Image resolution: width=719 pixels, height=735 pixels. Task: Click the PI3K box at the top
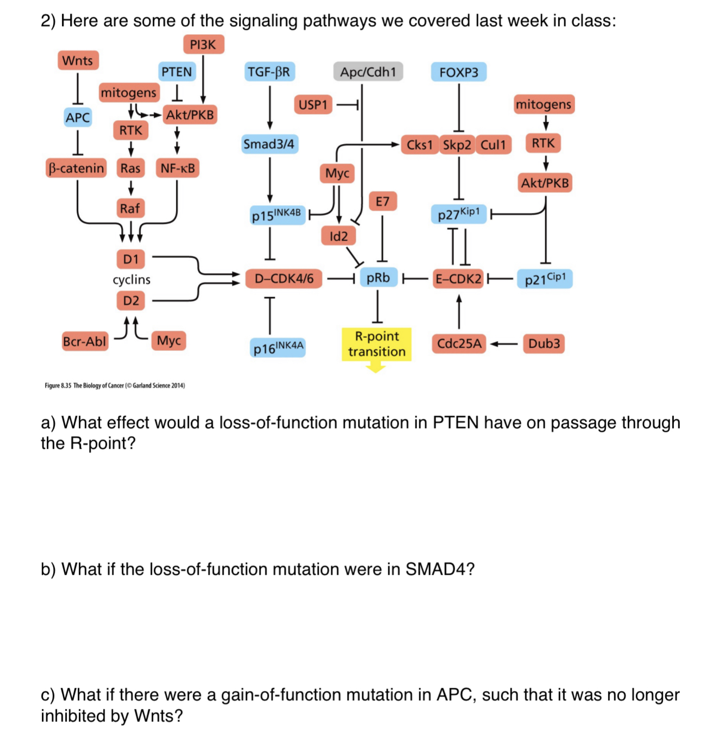coord(203,45)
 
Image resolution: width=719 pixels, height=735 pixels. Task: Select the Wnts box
coord(78,60)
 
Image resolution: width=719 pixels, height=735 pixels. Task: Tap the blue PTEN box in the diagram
coord(176,72)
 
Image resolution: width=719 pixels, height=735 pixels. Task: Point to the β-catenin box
coord(76,168)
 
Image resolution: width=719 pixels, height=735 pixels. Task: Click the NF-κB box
coord(178,168)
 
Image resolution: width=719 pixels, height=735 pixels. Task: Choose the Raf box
coord(130,208)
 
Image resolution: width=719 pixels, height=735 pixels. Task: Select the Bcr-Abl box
coord(84,342)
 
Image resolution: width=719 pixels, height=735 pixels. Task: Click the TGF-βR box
coord(269,72)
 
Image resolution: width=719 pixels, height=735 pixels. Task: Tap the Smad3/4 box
coord(269,144)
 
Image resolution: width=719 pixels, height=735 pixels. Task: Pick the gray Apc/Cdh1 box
coord(368,72)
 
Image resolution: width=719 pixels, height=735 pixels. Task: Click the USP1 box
coord(313,104)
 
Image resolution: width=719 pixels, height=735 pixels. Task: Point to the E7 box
coord(382,202)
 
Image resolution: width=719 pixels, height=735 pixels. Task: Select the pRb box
coord(378,278)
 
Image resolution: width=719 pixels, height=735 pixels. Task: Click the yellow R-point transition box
coord(376,344)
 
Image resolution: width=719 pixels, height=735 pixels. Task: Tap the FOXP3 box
coord(458,72)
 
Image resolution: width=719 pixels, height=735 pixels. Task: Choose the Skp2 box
coord(457,145)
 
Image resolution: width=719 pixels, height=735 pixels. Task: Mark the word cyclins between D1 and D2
coord(131,280)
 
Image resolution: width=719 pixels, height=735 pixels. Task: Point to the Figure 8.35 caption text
coord(115,386)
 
